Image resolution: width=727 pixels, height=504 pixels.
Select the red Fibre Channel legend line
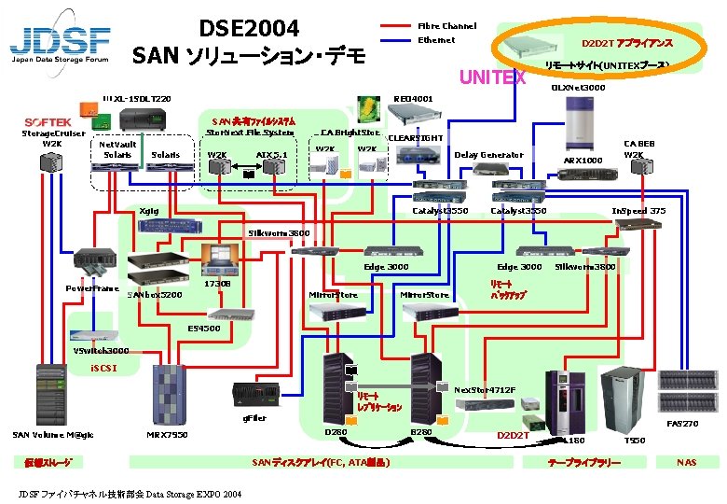pos(396,27)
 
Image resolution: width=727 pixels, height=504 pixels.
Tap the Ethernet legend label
pos(436,40)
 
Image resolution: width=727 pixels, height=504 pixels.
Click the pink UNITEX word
pos(493,77)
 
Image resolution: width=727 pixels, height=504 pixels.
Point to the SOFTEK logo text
pos(48,122)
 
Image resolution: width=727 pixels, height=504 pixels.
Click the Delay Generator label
pos(488,155)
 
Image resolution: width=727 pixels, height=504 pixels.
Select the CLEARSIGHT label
pos(415,138)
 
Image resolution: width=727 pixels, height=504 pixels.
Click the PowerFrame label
pos(91,288)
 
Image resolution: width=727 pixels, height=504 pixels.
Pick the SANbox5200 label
pos(154,295)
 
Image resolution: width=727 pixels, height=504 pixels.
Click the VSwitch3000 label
pos(102,351)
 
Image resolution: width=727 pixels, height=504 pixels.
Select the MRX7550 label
pos(168,434)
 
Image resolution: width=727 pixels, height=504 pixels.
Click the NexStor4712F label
pos(485,389)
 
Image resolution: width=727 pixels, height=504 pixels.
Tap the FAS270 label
pos(681,424)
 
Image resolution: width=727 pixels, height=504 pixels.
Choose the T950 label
pos(634,440)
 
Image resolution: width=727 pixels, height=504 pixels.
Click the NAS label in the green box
pos(686,462)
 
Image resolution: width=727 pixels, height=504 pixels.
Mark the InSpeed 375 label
pos(638,211)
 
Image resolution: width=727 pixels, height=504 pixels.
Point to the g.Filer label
pos(254,418)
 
